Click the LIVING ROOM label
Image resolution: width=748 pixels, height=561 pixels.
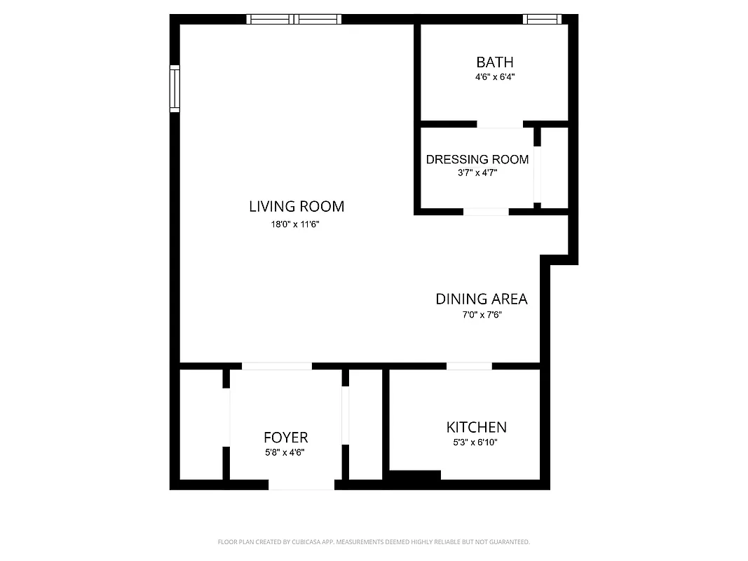point(297,206)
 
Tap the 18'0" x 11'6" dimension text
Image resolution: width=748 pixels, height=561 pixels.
point(297,224)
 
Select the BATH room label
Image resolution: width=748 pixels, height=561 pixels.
point(495,62)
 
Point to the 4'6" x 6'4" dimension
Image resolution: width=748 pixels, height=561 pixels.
point(495,78)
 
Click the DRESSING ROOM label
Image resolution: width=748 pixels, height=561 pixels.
point(477,159)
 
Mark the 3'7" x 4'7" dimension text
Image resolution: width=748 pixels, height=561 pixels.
point(477,173)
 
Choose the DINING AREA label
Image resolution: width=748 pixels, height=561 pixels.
point(482,299)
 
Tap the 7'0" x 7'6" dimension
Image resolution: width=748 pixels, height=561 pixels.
point(482,315)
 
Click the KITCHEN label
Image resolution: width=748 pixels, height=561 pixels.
point(477,427)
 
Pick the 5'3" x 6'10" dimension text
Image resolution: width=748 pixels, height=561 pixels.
point(477,442)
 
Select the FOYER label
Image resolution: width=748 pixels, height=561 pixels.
point(286,438)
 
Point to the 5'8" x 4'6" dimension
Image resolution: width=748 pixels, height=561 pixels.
point(285,452)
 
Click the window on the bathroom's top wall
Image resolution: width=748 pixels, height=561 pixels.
point(544,20)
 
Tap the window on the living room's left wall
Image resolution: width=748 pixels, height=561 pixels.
point(175,88)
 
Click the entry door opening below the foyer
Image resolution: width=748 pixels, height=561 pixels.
point(301,485)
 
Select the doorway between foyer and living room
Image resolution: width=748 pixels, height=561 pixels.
point(277,366)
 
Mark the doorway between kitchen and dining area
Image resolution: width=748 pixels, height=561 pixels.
point(469,366)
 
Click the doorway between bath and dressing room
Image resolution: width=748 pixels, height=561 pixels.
point(500,125)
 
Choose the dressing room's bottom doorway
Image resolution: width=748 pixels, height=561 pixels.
point(486,211)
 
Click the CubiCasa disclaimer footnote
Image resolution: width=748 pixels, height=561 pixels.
point(374,542)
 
